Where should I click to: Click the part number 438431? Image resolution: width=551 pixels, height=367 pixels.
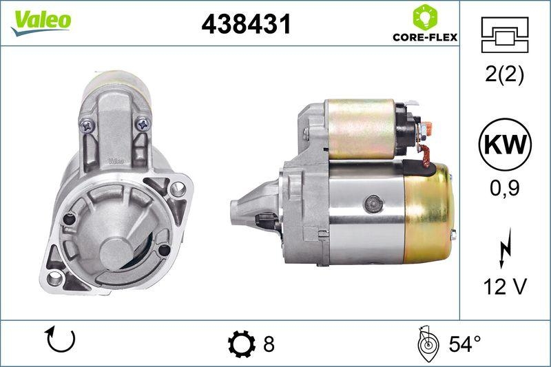click(246, 25)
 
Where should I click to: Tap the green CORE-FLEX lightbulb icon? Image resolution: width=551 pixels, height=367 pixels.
click(422, 16)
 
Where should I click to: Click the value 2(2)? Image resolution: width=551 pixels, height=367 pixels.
click(504, 74)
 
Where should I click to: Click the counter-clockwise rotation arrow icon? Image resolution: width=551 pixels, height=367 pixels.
click(60, 341)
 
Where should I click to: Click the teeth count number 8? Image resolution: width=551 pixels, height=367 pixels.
click(269, 344)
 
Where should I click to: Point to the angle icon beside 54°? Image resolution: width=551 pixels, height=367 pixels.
click(428, 343)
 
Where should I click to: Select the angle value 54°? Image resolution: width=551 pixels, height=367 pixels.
click(464, 344)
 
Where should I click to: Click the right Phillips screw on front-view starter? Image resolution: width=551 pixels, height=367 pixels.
click(143, 125)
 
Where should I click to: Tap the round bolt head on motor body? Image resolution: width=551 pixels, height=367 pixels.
click(373, 202)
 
